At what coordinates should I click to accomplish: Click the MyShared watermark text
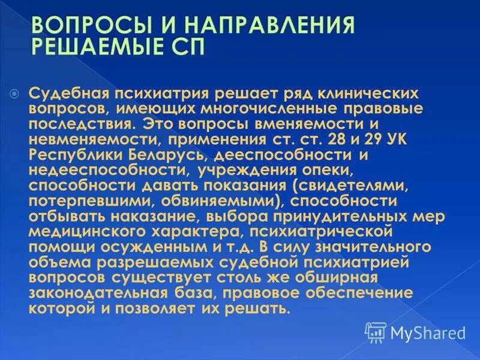pos(428,332)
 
